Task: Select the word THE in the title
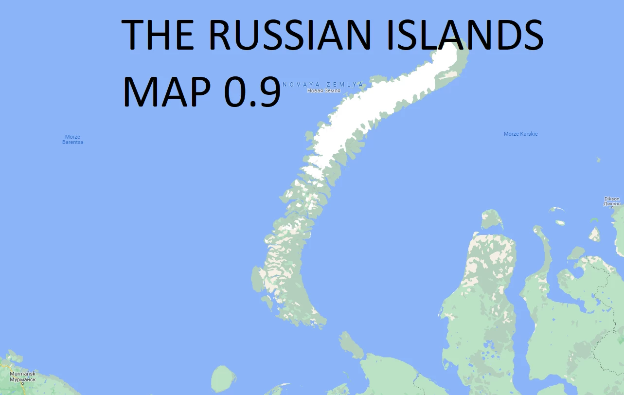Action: coord(157,35)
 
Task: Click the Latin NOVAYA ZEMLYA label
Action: coord(323,85)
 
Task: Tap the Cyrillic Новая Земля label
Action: coord(323,91)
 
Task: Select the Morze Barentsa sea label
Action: coord(72,140)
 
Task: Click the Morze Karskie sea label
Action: coord(520,134)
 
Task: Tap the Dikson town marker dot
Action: coord(612,208)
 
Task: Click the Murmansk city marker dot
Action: coord(22,384)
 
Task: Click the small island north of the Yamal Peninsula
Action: coord(492,220)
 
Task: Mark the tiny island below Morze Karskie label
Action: coord(598,159)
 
